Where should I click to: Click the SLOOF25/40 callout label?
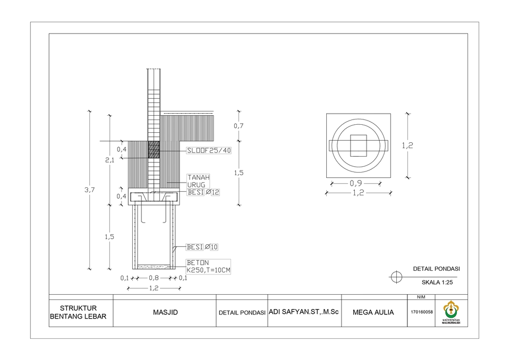(209, 150)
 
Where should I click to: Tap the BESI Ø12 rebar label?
(203, 192)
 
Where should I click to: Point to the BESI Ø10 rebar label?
(202, 247)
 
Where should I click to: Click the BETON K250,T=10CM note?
(208, 267)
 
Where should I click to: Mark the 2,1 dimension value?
(109, 160)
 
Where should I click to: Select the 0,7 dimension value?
(239, 126)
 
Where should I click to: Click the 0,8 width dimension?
(154, 278)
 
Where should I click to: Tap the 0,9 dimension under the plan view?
(356, 184)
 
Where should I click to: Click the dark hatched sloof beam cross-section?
(154, 150)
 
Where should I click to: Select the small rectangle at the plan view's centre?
(359, 145)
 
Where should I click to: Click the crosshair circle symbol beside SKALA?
(396, 277)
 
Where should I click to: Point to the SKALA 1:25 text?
(437, 282)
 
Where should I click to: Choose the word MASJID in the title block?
(165, 312)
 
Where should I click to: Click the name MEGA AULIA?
(373, 312)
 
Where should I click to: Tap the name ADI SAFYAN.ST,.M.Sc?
(304, 312)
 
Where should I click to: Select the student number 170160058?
(422, 312)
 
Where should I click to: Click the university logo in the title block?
(452, 311)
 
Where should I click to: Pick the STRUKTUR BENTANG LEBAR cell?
(78, 312)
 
